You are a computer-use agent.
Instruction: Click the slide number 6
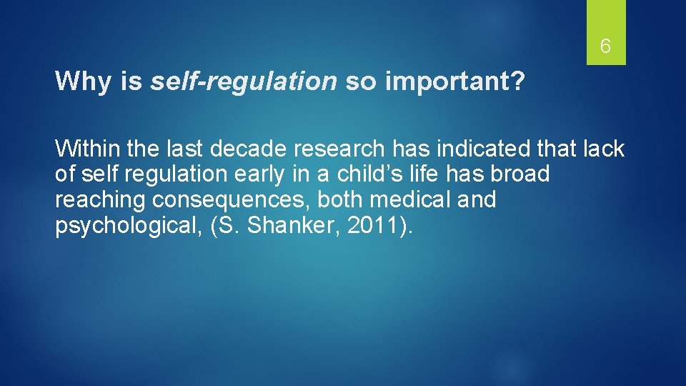(x=605, y=47)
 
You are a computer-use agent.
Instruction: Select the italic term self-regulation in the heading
(x=243, y=82)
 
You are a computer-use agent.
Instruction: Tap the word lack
(x=603, y=149)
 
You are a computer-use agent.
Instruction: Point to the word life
(x=441, y=174)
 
